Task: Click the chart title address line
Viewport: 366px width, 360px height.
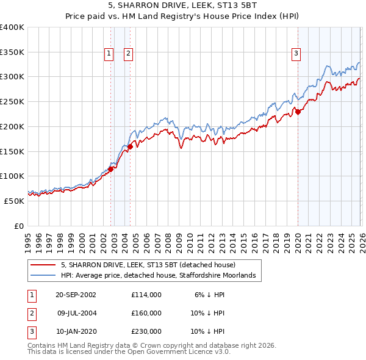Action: pyautogui.click(x=183, y=6)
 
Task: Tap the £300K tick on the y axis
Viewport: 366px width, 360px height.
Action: pyautogui.click(x=12, y=77)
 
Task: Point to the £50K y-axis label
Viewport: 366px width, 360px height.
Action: pyautogui.click(x=14, y=200)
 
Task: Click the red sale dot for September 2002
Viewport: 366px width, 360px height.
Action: pyautogui.click(x=111, y=169)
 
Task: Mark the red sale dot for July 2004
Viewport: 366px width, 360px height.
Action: pyautogui.click(x=130, y=146)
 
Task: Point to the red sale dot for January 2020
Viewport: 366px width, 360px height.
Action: pyautogui.click(x=298, y=112)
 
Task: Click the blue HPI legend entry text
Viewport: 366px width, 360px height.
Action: pyautogui.click(x=160, y=276)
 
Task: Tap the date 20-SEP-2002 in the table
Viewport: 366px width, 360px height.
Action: pyautogui.click(x=76, y=294)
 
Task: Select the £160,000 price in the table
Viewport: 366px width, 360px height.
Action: pyautogui.click(x=146, y=313)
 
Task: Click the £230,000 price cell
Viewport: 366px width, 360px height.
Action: pyautogui.click(x=146, y=331)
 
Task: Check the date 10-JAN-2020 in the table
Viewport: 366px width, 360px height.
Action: pyautogui.click(x=76, y=331)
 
